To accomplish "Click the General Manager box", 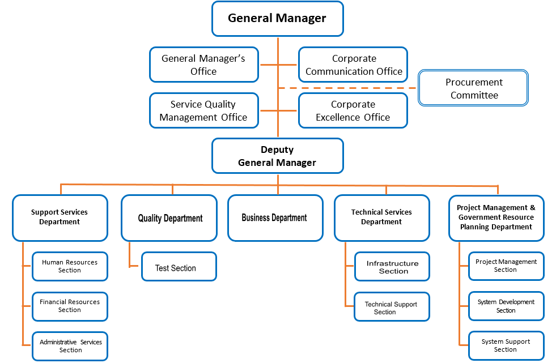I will click(277, 19).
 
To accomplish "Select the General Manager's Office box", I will click(203, 65).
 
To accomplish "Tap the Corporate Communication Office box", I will click(353, 65).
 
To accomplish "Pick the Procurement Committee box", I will click(473, 88).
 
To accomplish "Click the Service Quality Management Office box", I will click(203, 110).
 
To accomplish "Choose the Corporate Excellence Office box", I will click(353, 110).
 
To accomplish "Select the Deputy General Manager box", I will click(277, 156).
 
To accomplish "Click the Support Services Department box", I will click(60, 217).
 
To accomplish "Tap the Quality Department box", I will click(169, 218).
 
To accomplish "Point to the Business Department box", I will click(274, 218).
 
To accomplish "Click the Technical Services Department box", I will click(381, 217).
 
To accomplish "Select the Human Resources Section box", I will click(70, 266).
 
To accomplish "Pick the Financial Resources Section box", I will click(70, 306).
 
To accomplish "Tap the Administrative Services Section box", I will click(70, 346).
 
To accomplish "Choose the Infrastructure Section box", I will click(392, 267).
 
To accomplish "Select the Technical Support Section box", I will click(391, 307).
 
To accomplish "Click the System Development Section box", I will click(506, 306).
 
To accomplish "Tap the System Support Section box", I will click(506, 345).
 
